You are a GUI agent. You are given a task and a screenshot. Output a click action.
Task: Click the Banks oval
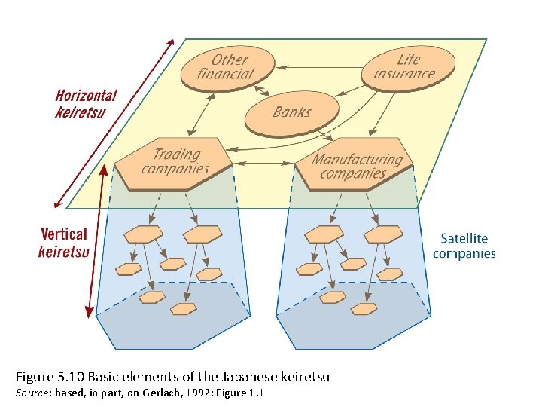[x=291, y=113]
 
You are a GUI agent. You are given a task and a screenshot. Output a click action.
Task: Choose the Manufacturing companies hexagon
[x=356, y=165]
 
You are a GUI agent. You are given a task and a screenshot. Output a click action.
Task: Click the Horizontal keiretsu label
[x=86, y=104]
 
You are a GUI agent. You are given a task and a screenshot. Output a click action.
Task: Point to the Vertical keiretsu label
[x=64, y=243]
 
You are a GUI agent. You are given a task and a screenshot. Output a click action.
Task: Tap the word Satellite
[x=464, y=239]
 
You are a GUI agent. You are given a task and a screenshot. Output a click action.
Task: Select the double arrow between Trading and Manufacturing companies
[x=263, y=163]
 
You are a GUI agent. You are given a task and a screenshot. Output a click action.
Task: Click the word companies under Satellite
[x=464, y=254]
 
